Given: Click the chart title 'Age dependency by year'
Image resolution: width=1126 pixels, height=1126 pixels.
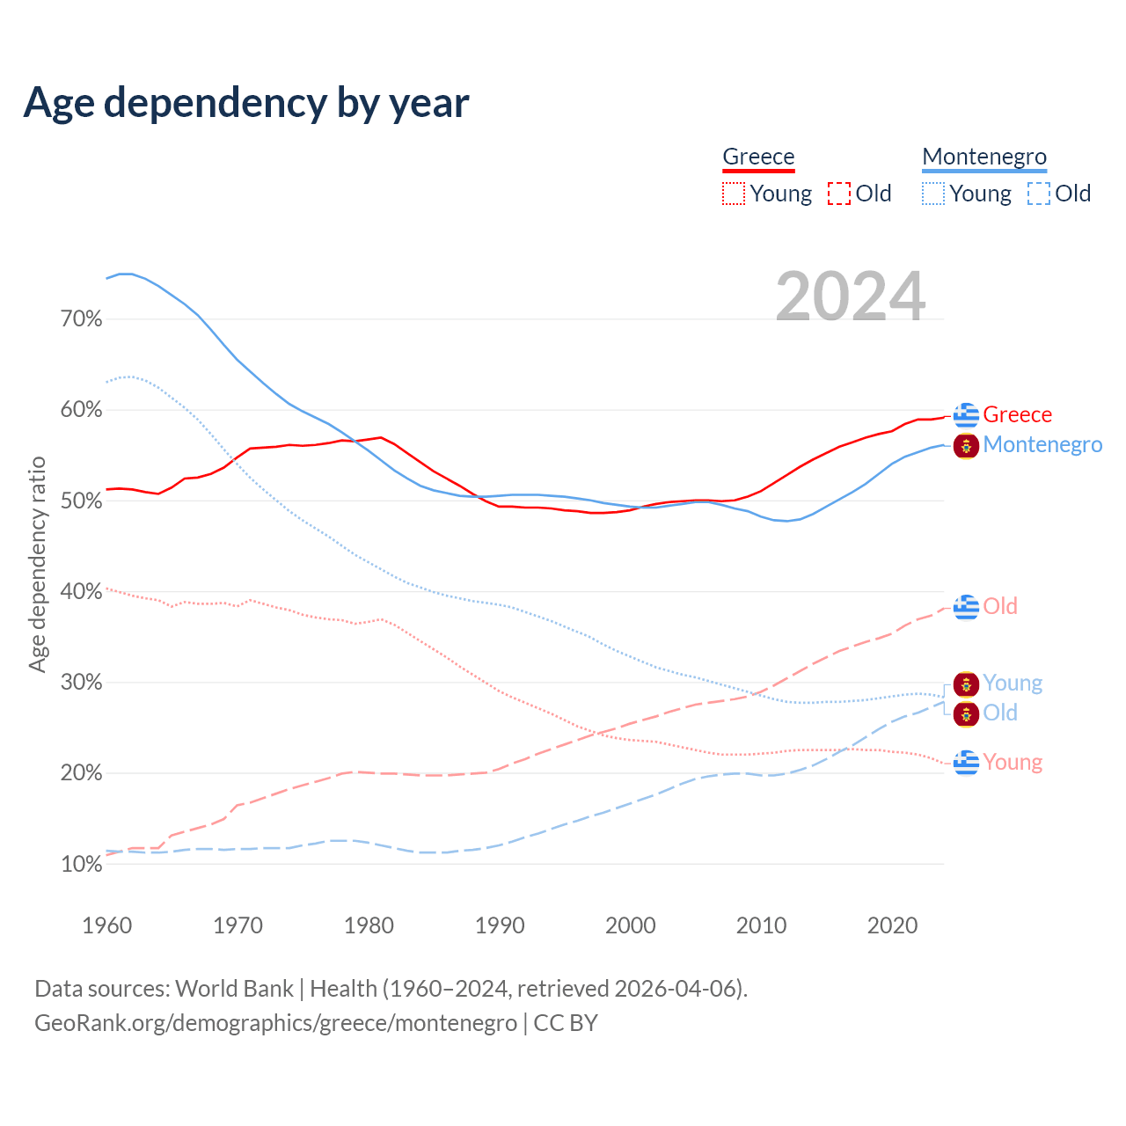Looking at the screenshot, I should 246,103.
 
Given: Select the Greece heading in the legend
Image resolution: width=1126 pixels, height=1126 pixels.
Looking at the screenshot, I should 758,157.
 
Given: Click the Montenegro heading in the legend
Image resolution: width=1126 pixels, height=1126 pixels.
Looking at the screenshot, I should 984,157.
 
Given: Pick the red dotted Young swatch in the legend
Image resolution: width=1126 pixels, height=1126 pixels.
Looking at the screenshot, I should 734,194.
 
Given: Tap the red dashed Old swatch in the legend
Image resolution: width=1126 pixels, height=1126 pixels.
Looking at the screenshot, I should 839,194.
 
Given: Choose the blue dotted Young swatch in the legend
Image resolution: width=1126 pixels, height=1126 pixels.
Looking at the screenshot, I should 933,194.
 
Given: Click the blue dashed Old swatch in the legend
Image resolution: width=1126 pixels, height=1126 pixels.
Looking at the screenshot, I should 1039,194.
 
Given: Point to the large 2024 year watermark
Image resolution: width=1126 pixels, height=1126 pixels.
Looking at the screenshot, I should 850,296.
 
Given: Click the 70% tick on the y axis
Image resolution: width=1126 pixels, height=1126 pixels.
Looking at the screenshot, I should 82,318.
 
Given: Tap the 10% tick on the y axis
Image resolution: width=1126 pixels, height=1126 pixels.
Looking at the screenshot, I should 82,864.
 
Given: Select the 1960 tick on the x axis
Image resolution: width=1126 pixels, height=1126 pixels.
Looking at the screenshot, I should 106,925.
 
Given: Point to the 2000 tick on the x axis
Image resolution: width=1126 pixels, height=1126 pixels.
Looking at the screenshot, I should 631,925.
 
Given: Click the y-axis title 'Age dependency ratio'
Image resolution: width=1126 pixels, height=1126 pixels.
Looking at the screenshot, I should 37,564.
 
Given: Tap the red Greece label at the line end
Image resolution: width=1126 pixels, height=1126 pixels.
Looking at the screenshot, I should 1017,414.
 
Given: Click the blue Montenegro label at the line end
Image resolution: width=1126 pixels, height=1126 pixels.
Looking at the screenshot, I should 1042,444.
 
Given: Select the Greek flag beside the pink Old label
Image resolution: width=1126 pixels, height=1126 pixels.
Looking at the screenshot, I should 966,606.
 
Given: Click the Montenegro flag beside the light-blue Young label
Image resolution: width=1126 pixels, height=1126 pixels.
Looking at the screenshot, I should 966,684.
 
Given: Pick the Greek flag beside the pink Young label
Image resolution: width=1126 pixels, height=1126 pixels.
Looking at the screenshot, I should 966,762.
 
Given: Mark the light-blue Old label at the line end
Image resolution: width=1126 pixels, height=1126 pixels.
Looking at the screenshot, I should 1000,713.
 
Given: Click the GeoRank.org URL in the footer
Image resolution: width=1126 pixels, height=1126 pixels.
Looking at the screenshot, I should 275,1023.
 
